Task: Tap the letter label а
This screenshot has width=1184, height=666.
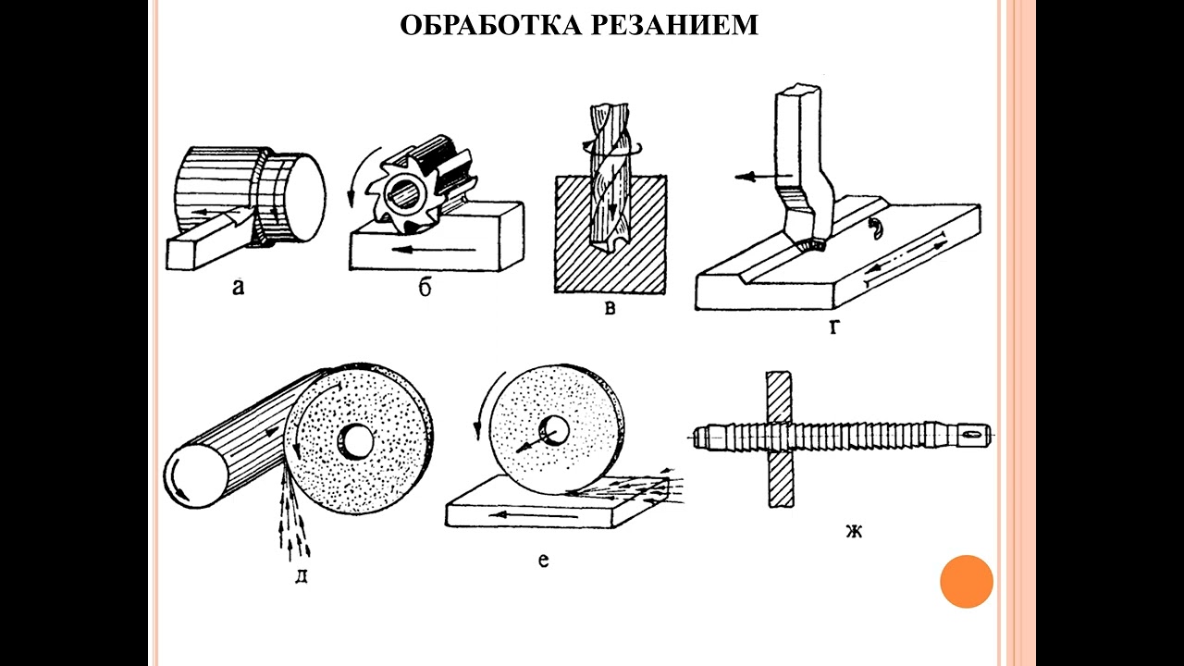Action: [x=238, y=288]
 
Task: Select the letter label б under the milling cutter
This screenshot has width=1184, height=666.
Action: [x=425, y=289]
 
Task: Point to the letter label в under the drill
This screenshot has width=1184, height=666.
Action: [x=610, y=309]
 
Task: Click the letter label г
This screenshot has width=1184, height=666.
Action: [x=833, y=326]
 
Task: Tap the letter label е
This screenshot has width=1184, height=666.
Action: [x=544, y=560]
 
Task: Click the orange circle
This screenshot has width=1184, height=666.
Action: [x=966, y=582]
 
